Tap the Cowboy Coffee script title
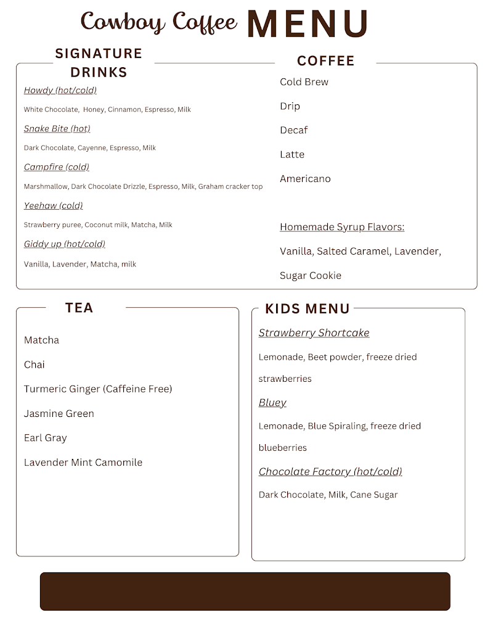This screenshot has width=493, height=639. pos(159,22)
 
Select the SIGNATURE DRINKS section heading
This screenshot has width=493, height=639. pos(99,63)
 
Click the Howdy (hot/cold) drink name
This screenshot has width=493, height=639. pos(60,91)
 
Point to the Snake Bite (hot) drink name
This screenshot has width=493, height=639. pos(57,129)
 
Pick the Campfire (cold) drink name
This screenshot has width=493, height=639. pos(57,167)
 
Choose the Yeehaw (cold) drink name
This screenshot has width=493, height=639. pos(53,205)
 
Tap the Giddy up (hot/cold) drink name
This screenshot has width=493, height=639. pos(65,244)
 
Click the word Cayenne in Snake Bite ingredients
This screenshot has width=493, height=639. pos(92,148)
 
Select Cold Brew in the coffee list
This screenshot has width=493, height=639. pos(304,82)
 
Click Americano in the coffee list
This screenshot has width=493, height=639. pos(305,179)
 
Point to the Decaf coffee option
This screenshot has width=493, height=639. pos(293,130)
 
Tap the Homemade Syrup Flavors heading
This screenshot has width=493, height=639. pos(342,227)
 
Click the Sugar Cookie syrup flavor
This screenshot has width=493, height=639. pos(311,276)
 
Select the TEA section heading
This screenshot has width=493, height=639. pos(79,308)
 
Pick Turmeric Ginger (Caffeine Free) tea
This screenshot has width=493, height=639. pos(98,389)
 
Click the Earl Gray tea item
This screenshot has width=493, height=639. pos(46,438)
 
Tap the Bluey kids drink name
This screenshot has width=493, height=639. pos(272,403)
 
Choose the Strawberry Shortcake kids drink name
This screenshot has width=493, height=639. pos(314,333)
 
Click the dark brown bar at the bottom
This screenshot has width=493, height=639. pos(245,591)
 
